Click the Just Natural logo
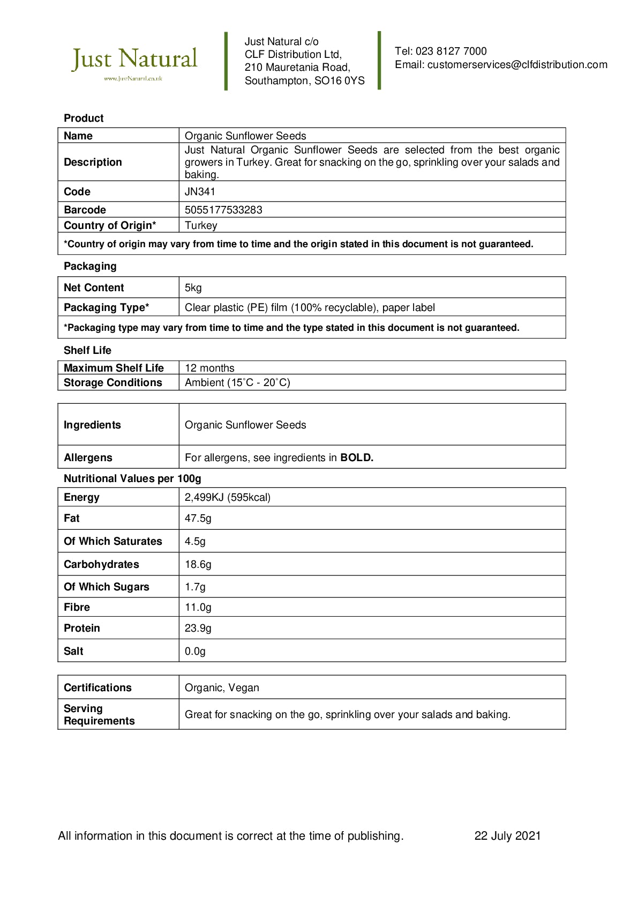[x=134, y=62]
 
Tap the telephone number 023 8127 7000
[x=451, y=51]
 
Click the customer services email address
[x=517, y=65]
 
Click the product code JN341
[x=200, y=192]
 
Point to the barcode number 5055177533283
[x=223, y=210]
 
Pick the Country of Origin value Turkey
[x=201, y=226]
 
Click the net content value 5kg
[x=193, y=288]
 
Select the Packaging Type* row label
[x=106, y=308]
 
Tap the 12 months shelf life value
[x=209, y=368]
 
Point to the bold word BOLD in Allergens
[x=357, y=458]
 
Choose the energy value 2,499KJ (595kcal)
[x=228, y=498]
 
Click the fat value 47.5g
[x=198, y=519]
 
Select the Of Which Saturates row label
[x=112, y=542]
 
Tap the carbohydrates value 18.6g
[x=198, y=565]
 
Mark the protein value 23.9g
[x=198, y=628]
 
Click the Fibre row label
[x=77, y=608]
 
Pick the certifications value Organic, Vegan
[x=222, y=688]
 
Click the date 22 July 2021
[x=507, y=836]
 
